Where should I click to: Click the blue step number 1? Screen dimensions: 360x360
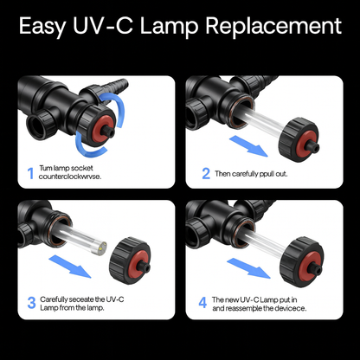(31, 174)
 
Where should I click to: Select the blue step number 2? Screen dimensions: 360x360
(206, 173)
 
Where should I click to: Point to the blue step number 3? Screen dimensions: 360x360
(31, 302)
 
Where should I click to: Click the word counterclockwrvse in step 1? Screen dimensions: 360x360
(76, 177)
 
